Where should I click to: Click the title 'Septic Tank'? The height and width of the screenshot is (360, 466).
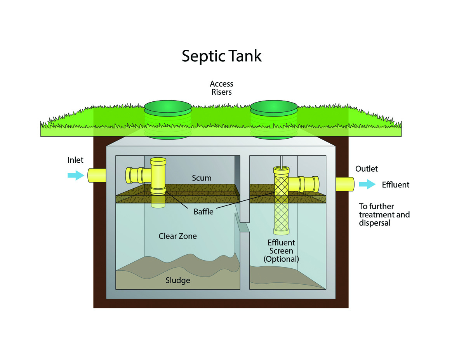point(222,56)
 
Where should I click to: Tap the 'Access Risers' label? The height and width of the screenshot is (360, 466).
point(221,88)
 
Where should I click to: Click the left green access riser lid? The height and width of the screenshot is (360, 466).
point(168,106)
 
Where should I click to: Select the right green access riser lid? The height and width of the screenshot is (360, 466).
point(275,106)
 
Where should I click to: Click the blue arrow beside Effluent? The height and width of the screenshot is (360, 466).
point(367,184)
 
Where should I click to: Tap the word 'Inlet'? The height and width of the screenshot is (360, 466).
point(75,160)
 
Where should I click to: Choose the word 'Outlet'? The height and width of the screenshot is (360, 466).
point(366,169)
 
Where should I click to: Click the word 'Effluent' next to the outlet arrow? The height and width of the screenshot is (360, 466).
point(395,185)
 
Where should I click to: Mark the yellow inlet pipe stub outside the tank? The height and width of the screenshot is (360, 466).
point(96,176)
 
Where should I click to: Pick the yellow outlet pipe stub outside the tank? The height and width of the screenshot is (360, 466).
point(345,184)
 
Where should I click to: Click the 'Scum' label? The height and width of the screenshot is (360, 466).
point(202,178)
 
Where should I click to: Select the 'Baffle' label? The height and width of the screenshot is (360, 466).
point(203,212)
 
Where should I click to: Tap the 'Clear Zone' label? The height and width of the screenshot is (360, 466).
point(177,236)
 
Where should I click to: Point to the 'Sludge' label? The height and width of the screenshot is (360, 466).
point(178,280)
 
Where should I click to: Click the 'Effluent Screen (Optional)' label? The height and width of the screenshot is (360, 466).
point(282,250)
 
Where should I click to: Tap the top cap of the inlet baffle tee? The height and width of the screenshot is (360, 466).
point(158,160)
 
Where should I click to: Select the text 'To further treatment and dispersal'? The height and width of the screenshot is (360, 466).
point(384,215)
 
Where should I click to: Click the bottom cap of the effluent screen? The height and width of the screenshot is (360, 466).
point(282,232)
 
